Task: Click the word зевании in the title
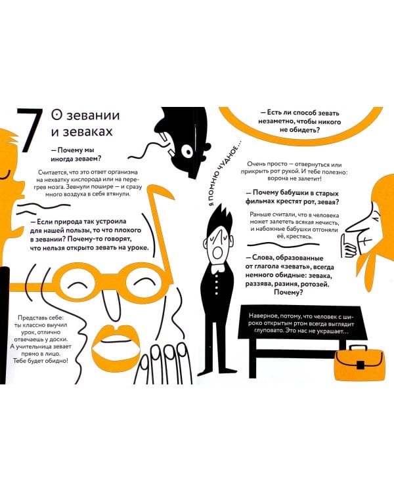point(93,115)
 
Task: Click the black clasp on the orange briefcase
point(361,365)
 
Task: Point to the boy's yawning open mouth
point(217,252)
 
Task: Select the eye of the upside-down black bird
point(188,152)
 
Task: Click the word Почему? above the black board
point(288,293)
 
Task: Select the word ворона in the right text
point(277,179)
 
